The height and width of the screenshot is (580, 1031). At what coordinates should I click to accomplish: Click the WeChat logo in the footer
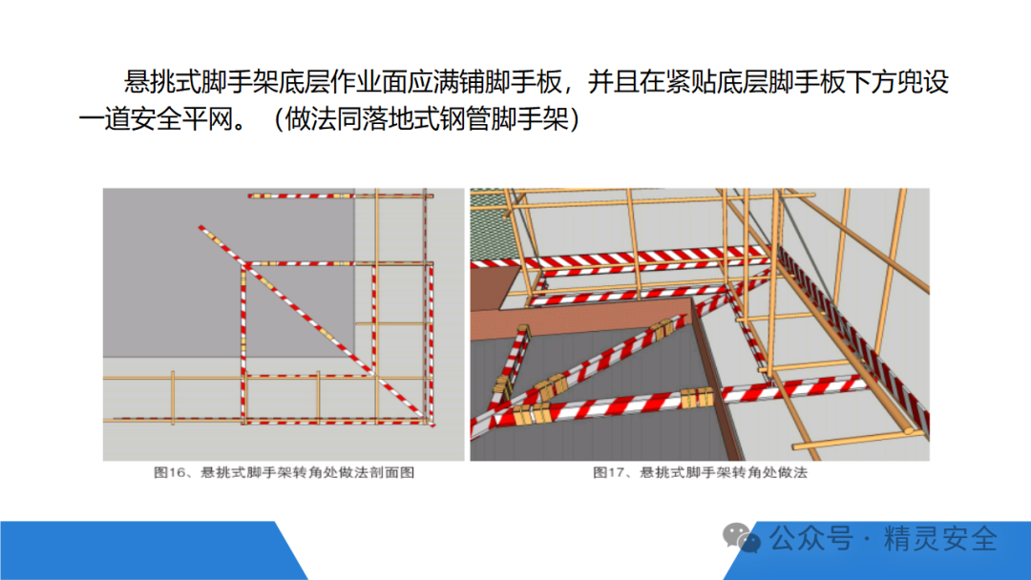[741, 538]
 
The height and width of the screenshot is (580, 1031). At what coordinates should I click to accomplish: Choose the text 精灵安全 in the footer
[940, 539]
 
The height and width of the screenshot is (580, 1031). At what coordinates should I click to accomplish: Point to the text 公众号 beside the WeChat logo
[811, 539]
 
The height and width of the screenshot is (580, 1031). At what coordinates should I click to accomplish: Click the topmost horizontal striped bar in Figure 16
[341, 196]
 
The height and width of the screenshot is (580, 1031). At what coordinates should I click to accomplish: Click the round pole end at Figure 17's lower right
[910, 431]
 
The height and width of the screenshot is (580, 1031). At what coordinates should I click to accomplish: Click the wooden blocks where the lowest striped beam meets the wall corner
[697, 398]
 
